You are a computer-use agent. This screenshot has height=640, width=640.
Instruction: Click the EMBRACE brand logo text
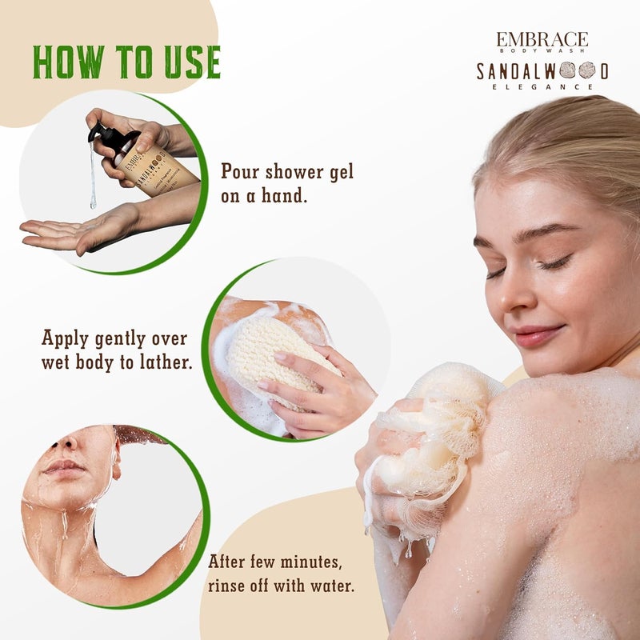coord(542,39)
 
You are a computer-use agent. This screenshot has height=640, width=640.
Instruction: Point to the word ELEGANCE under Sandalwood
coord(542,86)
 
